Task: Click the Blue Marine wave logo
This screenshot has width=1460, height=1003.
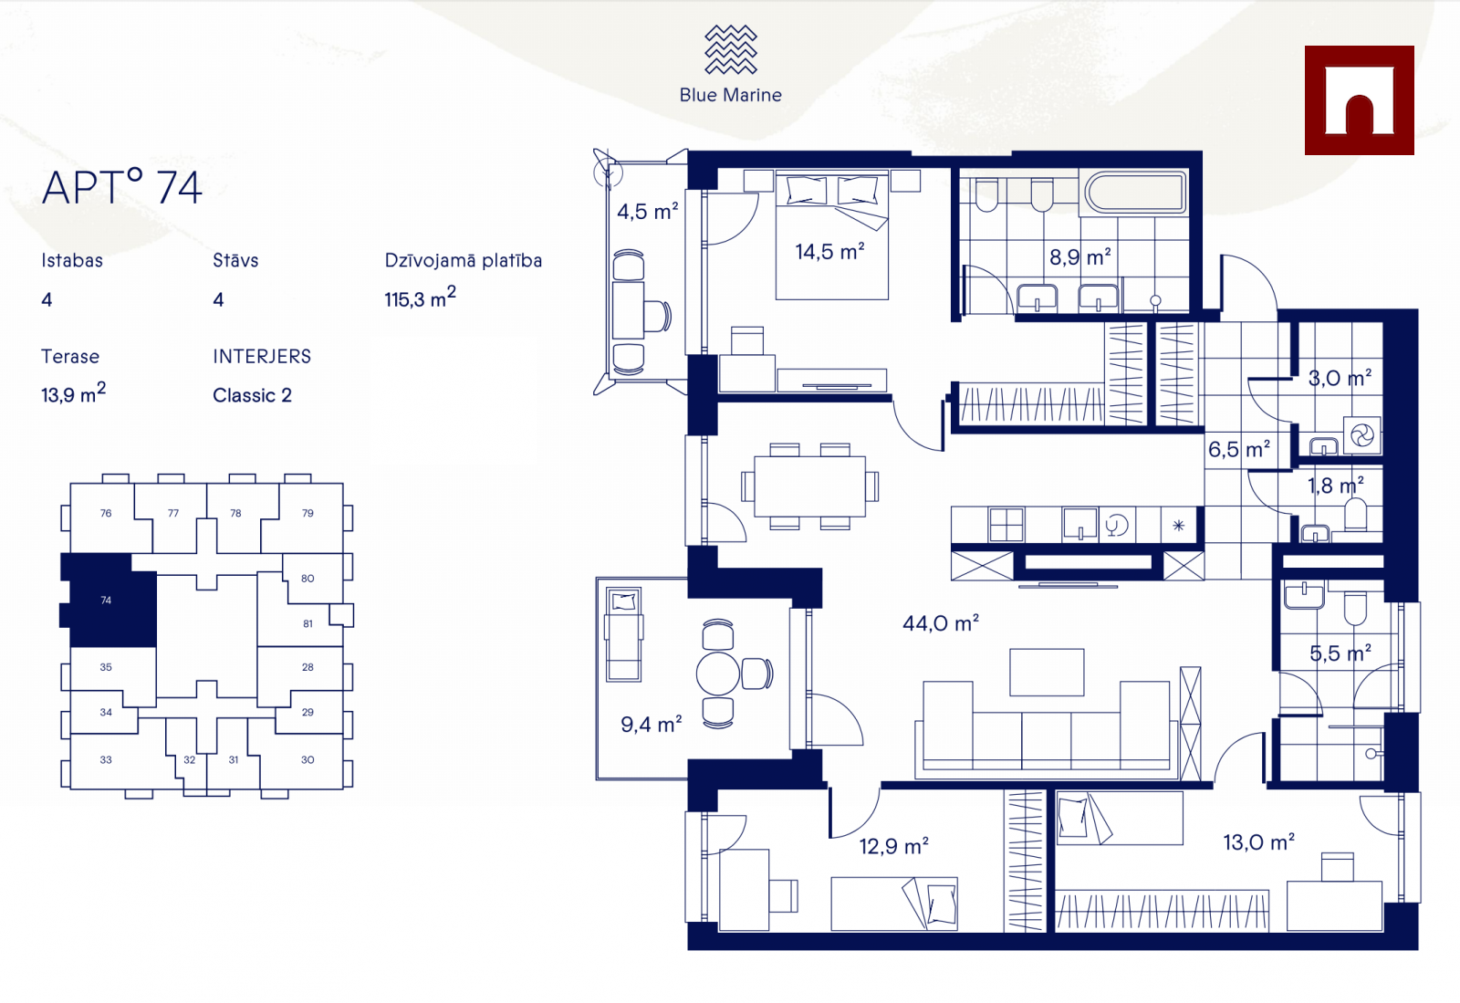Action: coord(731,49)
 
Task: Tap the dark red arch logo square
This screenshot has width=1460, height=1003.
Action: coord(1359,100)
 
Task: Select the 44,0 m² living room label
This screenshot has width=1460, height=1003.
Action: coord(941,623)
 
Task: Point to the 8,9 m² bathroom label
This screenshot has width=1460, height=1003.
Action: coord(1080,256)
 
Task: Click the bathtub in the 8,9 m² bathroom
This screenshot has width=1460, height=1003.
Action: coord(1135,193)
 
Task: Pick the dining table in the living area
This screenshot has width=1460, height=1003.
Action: coord(810,486)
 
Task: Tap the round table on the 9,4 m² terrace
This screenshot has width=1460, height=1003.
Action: coord(717,674)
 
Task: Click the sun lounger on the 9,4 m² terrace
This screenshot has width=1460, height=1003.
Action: coord(624,634)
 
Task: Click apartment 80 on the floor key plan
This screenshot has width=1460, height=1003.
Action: coord(308,578)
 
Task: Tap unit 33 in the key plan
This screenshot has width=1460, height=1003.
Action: coord(106,760)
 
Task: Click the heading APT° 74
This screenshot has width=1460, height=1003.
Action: coord(122,187)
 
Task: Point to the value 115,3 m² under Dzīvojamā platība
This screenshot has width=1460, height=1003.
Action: coord(421,298)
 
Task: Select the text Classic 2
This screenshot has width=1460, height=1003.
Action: coord(252,395)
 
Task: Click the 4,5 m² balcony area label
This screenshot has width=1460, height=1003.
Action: coord(647,211)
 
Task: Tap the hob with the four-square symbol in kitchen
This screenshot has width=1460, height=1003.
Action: coord(1006,525)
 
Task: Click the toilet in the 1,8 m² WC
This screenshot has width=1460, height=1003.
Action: coord(1356,514)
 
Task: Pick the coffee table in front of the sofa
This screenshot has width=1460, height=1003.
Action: coord(1047,672)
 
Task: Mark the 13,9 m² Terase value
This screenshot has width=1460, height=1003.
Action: coord(74,393)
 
